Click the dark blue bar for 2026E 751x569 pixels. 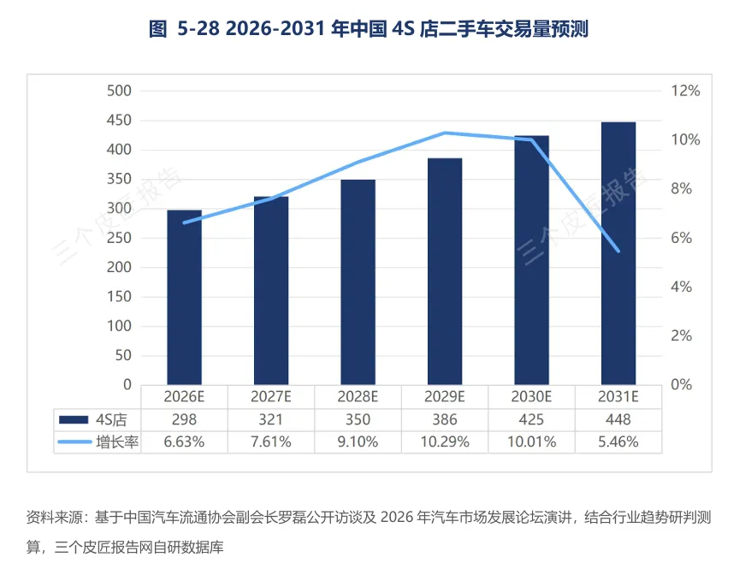click(x=185, y=297)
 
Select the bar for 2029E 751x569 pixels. click(x=445, y=271)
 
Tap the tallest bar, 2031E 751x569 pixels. click(x=618, y=253)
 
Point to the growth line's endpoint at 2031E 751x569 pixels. click(x=618, y=251)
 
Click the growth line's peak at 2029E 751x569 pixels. click(x=445, y=133)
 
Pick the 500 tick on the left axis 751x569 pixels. click(x=119, y=91)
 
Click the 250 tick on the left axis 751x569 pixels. click(x=119, y=238)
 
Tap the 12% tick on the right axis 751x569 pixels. click(x=685, y=91)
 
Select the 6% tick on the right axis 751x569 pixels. click(x=682, y=238)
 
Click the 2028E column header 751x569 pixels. click(x=358, y=396)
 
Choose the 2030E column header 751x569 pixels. click(x=532, y=396)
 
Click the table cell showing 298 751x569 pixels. click(x=185, y=419)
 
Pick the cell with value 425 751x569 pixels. click(x=532, y=419)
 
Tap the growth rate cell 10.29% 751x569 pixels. click(x=445, y=442)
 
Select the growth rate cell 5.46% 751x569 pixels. click(x=618, y=442)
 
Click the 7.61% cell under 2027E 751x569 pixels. click(x=271, y=442)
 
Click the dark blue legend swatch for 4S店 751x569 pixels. click(x=74, y=419)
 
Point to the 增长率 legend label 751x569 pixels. click(x=117, y=442)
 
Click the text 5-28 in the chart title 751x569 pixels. click(x=198, y=29)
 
